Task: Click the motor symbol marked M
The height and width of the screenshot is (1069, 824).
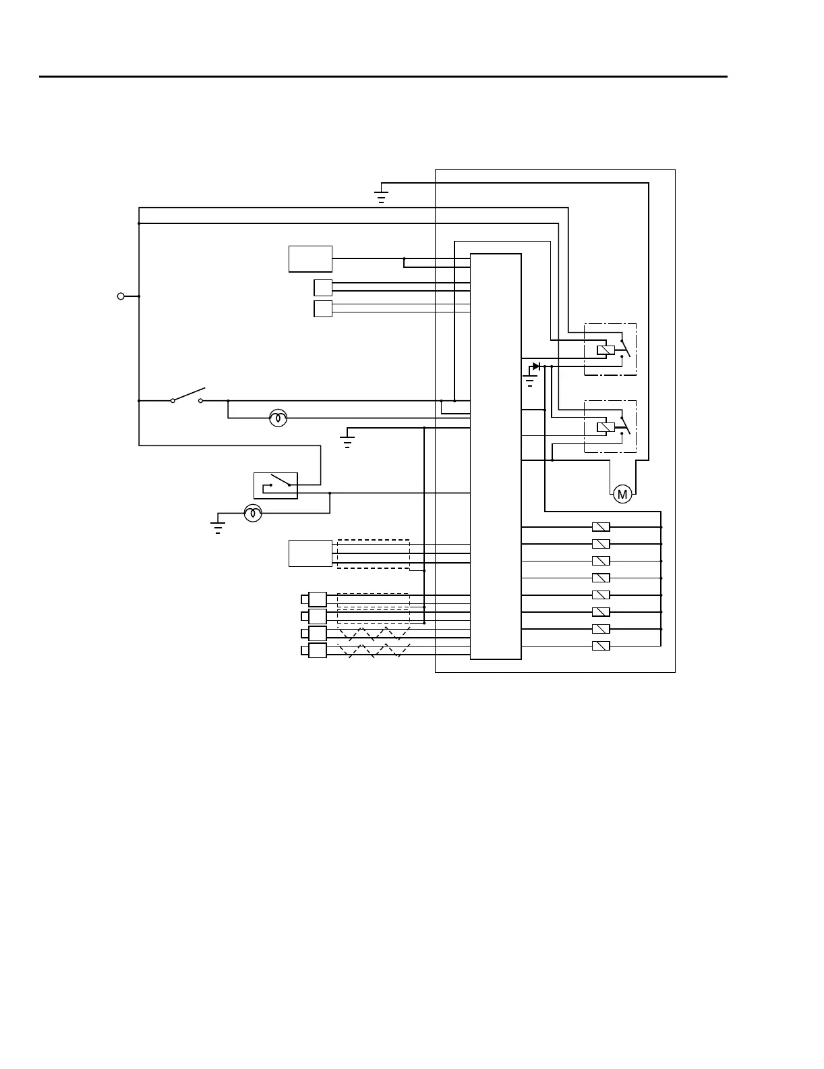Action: [622, 494]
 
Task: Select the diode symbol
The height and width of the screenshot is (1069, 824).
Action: [536, 366]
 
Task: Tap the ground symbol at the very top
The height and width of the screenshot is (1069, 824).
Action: [382, 197]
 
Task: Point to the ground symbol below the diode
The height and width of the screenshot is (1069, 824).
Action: [529, 382]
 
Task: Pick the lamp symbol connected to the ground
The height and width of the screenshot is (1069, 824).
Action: [253, 514]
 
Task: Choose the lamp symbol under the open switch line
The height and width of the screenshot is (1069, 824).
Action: [278, 418]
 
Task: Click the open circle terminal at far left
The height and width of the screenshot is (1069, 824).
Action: [121, 296]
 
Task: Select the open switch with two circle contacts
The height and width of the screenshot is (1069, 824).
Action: [187, 397]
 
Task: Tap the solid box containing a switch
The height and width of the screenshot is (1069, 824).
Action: [275, 486]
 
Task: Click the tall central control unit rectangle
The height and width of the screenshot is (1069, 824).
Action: [496, 456]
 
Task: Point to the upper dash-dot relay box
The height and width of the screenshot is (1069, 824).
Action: [610, 350]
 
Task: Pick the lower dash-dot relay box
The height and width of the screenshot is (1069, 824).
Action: [610, 427]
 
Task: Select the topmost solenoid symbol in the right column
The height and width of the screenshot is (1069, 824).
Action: [601, 527]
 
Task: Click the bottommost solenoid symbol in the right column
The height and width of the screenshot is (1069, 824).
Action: [601, 646]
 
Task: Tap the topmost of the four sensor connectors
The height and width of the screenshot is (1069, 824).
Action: [316, 599]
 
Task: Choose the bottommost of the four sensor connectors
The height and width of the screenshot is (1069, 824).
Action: [316, 651]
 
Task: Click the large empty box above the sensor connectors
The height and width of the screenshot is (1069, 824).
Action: [310, 553]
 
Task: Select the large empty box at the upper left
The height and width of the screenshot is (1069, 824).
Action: [310, 259]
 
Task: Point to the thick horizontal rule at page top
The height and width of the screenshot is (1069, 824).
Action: [383, 77]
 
